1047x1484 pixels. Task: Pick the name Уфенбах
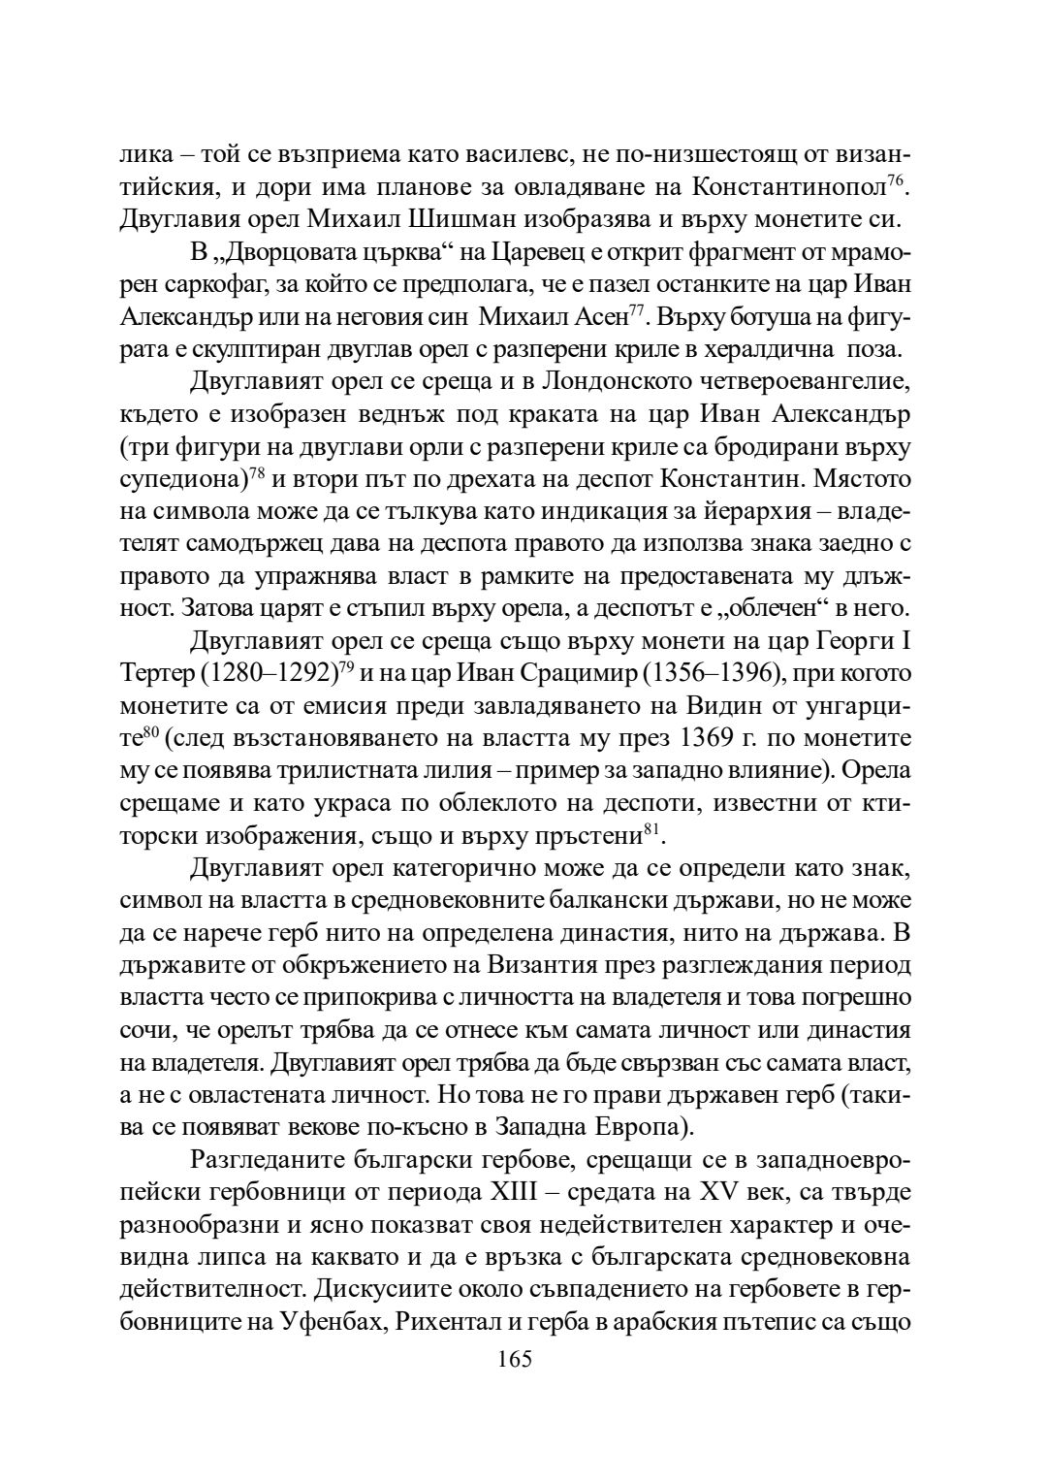329,1324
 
